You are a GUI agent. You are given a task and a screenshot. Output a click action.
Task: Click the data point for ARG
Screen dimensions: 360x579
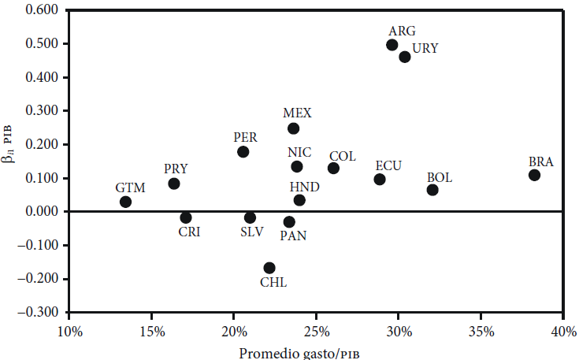(x=392, y=45)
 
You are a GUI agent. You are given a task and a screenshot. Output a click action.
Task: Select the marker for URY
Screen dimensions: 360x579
(x=405, y=57)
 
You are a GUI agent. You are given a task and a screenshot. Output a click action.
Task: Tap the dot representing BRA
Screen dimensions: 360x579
(x=534, y=175)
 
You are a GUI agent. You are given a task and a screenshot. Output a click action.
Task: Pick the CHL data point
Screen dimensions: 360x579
(x=269, y=268)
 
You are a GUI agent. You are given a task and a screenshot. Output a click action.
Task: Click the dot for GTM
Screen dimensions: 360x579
(x=125, y=202)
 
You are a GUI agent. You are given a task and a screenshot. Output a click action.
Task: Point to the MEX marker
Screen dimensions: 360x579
(x=293, y=128)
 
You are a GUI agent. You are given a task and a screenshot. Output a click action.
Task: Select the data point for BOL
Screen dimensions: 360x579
(x=432, y=190)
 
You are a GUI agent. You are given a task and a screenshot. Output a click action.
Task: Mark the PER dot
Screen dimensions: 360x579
(x=243, y=151)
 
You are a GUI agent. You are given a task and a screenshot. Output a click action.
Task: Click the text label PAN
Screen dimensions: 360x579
(x=293, y=235)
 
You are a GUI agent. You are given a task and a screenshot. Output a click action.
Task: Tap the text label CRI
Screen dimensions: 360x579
(x=190, y=232)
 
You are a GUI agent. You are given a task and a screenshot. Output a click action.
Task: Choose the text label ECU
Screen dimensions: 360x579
(x=388, y=165)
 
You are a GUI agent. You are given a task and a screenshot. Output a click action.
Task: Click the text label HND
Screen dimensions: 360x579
(x=303, y=186)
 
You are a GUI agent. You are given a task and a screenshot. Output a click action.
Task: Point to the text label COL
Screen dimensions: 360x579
(x=343, y=156)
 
